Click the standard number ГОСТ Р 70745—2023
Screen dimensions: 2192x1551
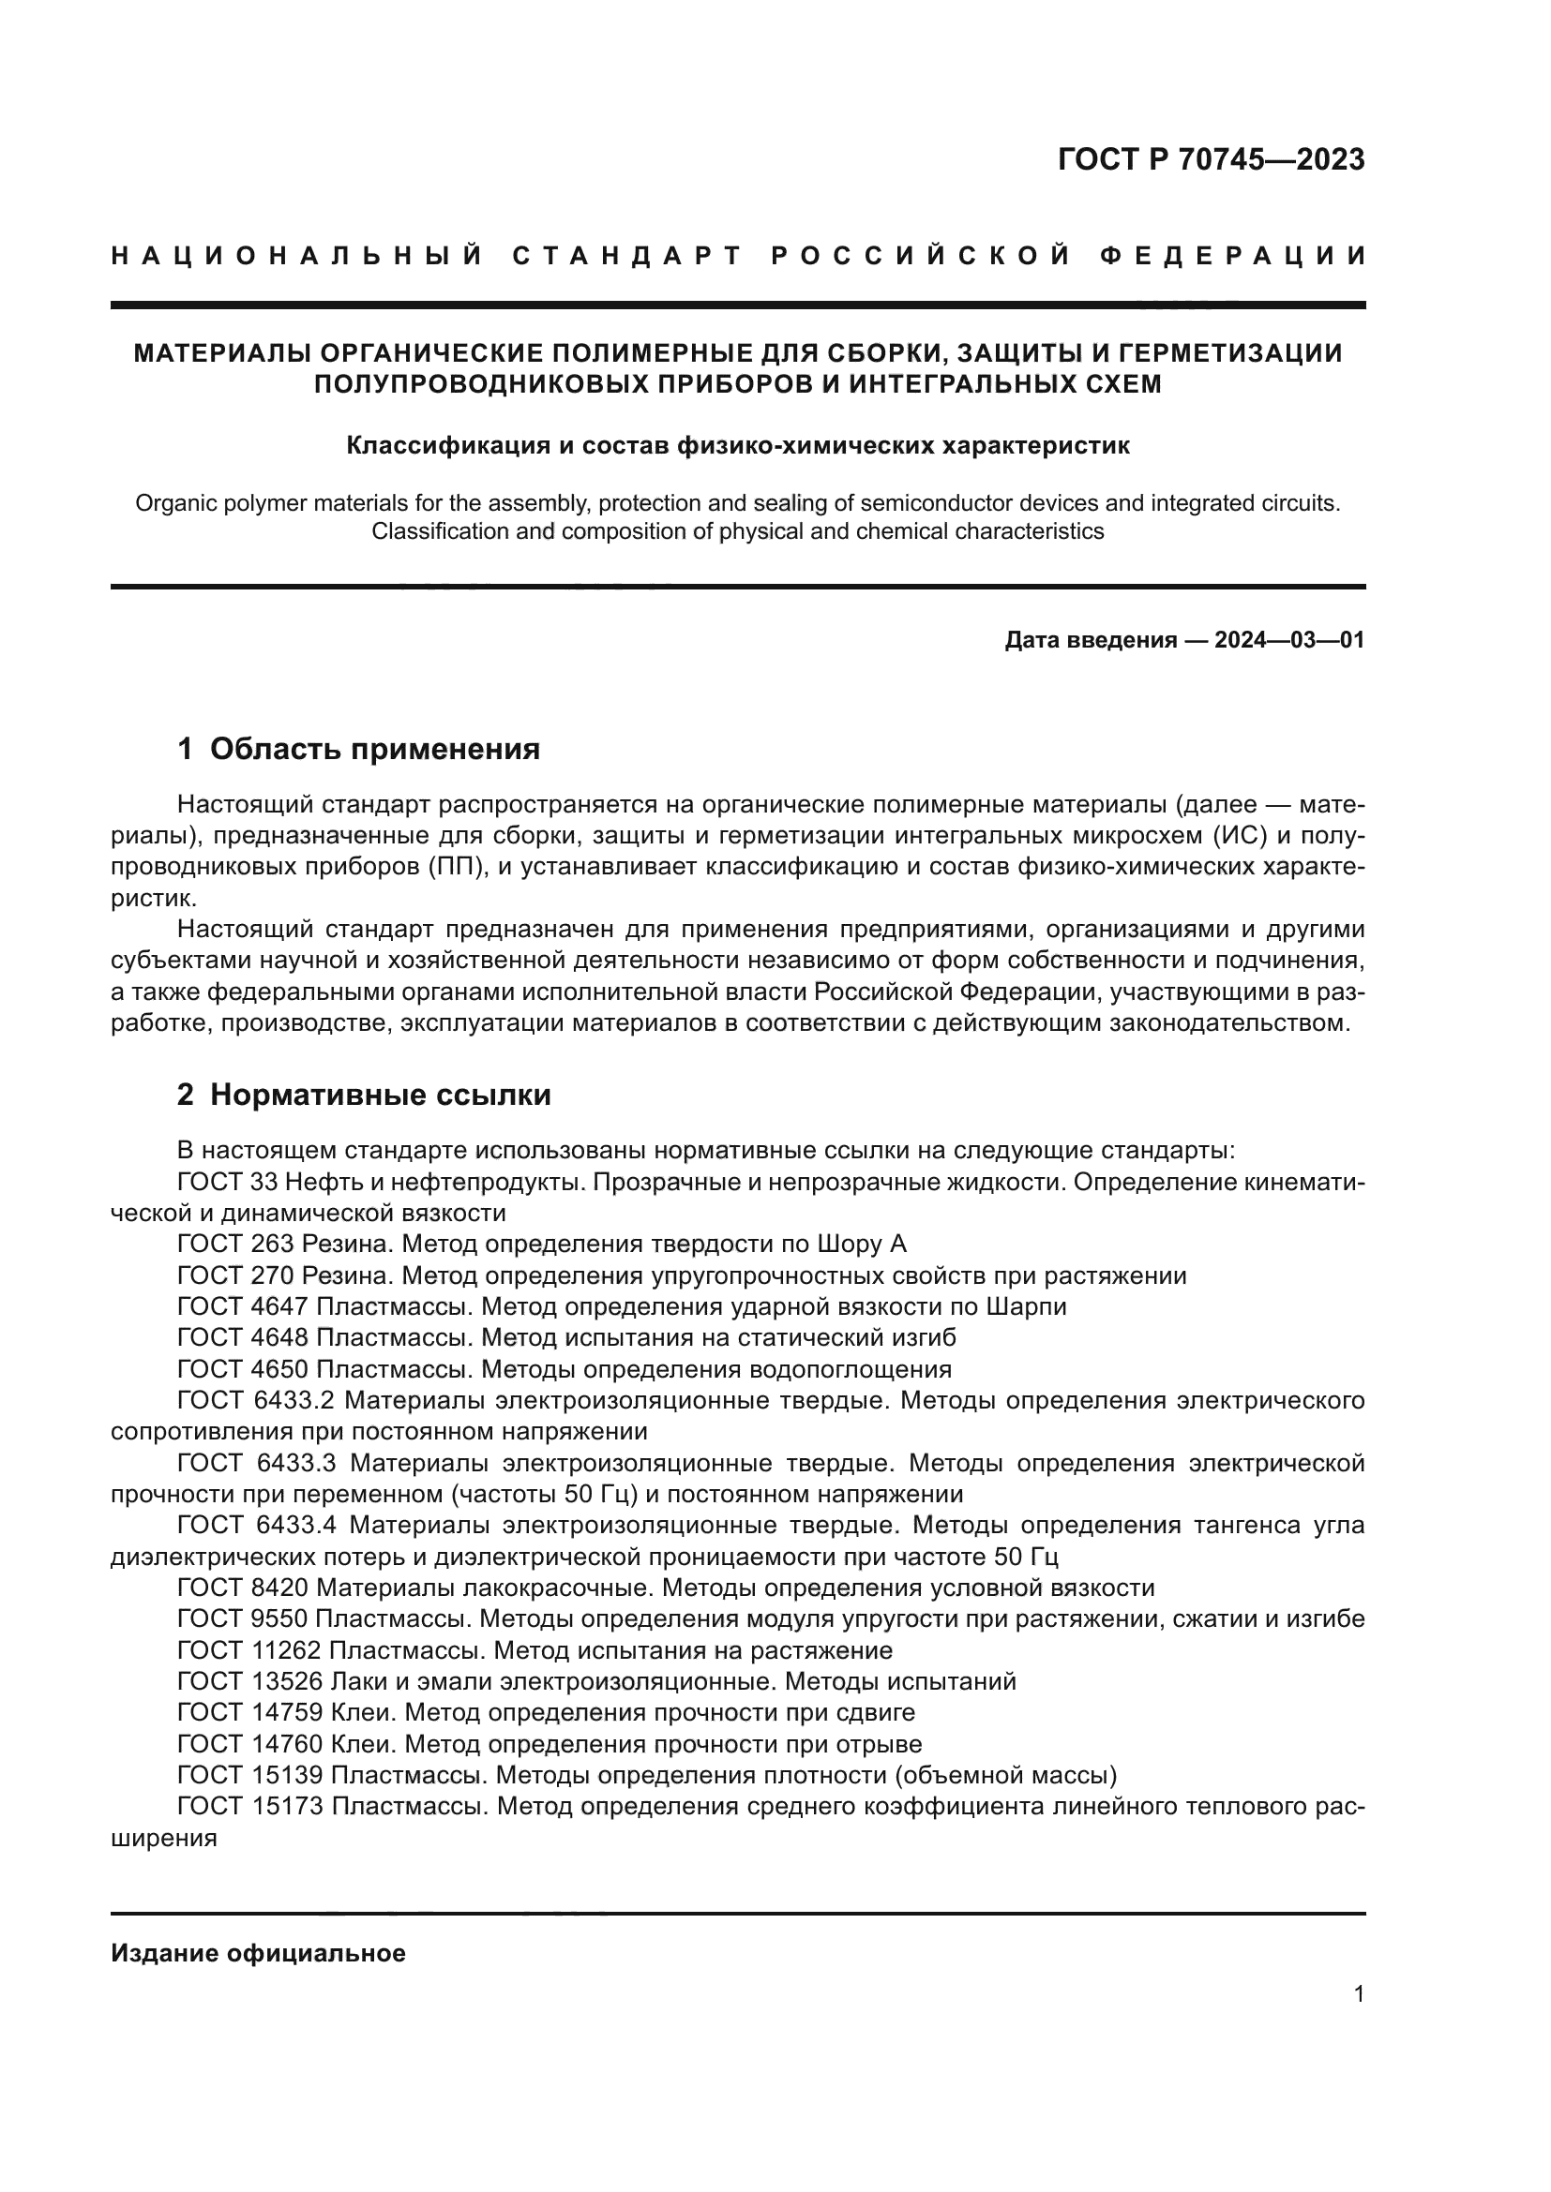tap(1211, 159)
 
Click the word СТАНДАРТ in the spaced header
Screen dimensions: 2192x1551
tap(627, 256)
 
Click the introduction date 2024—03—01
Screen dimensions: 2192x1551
tap(1289, 641)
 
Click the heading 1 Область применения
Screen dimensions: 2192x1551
tap(358, 750)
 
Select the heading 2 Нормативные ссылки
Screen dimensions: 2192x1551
tap(364, 1095)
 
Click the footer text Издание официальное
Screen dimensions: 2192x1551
tap(258, 1953)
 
